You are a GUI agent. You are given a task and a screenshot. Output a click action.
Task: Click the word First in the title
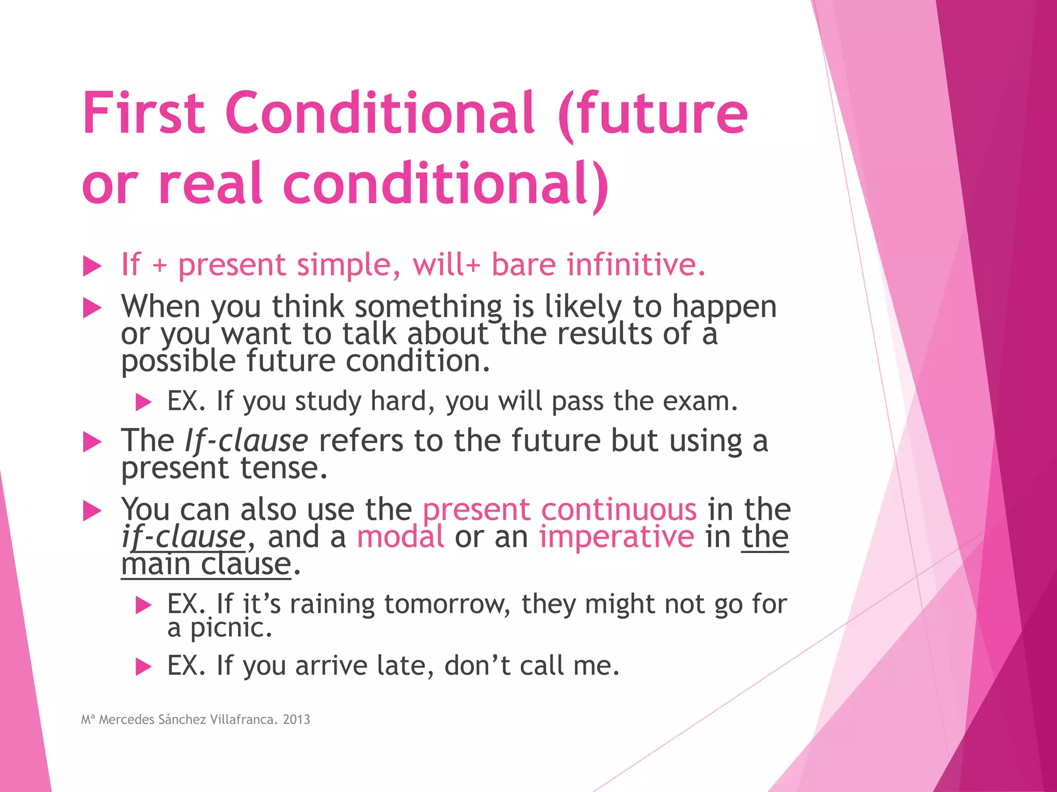tap(143, 113)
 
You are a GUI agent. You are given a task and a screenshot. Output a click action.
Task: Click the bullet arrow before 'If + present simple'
tap(92, 267)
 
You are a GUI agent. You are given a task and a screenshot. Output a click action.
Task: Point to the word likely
tap(583, 307)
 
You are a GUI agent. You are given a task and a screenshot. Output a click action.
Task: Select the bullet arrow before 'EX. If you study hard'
tap(143, 402)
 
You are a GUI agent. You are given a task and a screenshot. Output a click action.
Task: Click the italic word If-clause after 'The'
tap(246, 442)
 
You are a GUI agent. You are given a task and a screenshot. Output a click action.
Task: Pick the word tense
tap(283, 468)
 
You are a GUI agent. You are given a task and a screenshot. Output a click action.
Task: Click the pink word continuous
tap(619, 510)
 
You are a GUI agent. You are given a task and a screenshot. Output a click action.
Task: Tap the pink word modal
tap(401, 537)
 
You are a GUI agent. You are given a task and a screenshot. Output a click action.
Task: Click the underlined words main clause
tap(206, 564)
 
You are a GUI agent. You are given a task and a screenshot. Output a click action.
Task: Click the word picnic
tap(230, 628)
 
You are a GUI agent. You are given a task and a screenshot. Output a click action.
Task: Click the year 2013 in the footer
tap(296, 720)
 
